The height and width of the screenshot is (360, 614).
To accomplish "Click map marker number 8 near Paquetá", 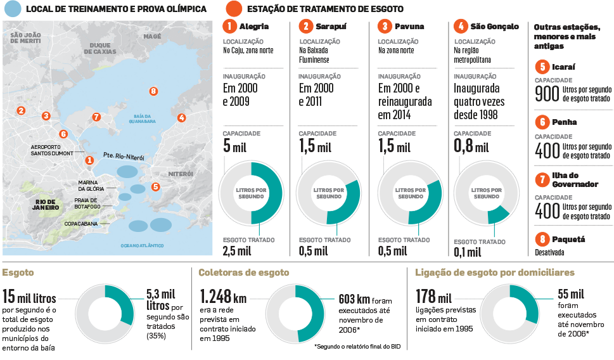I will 153,91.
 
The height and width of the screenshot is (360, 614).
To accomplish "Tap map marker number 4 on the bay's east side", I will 182,118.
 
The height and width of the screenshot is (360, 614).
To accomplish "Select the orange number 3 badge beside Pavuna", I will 384,27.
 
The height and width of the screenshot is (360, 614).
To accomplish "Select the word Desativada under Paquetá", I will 549,252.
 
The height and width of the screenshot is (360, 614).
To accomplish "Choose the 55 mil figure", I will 571,295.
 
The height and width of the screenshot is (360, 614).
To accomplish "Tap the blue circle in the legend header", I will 12,9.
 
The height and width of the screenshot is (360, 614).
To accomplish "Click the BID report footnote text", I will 359,346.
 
